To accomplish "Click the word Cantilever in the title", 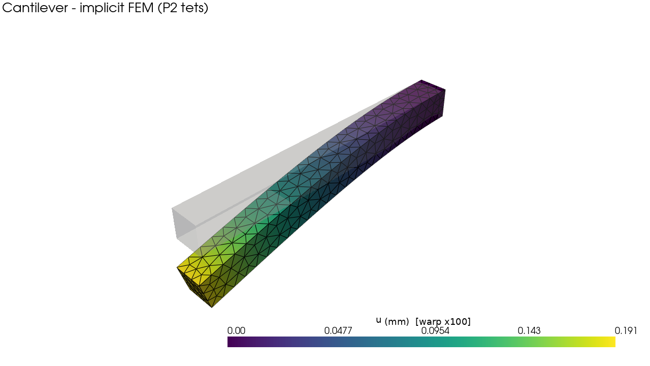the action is (x=35, y=8).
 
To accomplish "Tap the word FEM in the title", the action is (x=142, y=8).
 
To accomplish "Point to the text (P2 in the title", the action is (x=168, y=8).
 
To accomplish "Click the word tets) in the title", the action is (x=194, y=8).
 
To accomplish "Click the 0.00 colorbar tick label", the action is (x=236, y=331).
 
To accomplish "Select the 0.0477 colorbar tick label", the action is (x=338, y=331).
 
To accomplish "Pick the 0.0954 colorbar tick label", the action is (x=435, y=331).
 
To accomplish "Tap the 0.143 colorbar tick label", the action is (x=529, y=331).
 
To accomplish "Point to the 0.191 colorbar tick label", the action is (x=626, y=331).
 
